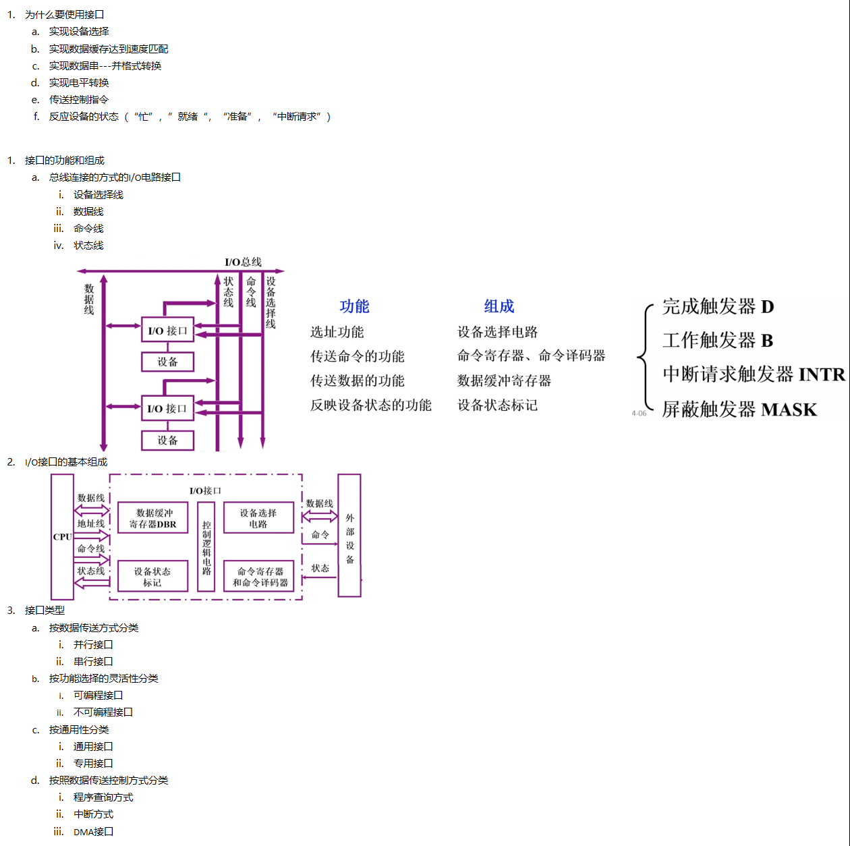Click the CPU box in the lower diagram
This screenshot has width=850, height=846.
click(x=62, y=536)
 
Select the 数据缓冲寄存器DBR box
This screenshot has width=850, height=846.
click(x=152, y=517)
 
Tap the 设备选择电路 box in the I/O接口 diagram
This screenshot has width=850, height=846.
click(x=258, y=517)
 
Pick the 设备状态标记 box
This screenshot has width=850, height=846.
click(x=152, y=576)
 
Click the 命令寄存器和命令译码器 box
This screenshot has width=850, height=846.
click(x=258, y=576)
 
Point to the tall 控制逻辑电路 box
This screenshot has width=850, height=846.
click(x=206, y=546)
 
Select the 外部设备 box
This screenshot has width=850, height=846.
click(x=349, y=535)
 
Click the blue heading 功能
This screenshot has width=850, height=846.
click(x=354, y=306)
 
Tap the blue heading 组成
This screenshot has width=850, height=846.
click(x=499, y=306)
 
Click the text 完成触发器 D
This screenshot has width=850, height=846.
click(x=718, y=306)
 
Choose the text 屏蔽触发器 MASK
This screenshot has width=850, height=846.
click(x=740, y=409)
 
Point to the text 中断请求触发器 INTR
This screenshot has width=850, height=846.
click(x=754, y=374)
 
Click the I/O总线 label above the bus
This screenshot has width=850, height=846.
click(x=243, y=262)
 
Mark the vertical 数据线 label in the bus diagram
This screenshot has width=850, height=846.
click(x=89, y=300)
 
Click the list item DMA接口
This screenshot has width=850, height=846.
click(x=93, y=831)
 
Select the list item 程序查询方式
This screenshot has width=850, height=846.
click(x=103, y=797)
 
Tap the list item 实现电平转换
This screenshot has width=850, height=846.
click(x=79, y=82)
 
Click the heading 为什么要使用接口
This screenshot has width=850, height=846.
click(x=64, y=15)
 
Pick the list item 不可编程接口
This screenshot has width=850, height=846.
click(x=103, y=712)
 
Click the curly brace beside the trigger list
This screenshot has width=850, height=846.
click(x=645, y=357)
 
